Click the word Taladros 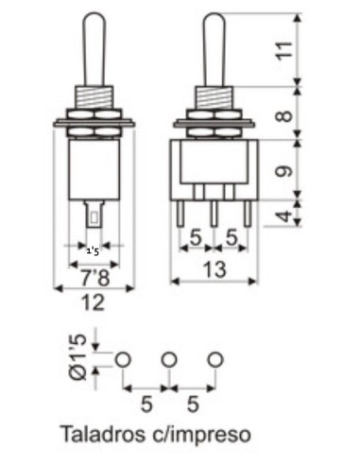pos(101,436)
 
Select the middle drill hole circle pos(170,360)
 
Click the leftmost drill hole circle pos(124,360)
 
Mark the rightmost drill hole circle pos(216,360)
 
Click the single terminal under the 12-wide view pos(94,214)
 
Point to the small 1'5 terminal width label pos(94,252)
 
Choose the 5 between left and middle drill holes pos(146,405)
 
